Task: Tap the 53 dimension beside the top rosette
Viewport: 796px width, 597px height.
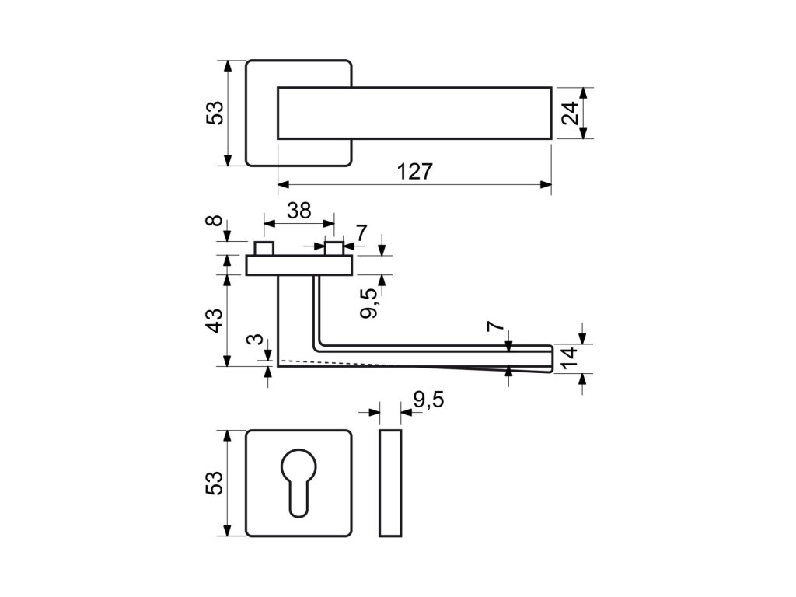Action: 215,113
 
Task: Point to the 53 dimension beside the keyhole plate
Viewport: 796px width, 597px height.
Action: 215,483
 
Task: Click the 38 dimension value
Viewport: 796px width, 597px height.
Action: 299,210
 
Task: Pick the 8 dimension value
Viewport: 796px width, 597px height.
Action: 215,223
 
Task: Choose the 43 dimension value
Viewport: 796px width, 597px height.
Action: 215,319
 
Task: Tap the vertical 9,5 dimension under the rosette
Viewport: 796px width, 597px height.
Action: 370,302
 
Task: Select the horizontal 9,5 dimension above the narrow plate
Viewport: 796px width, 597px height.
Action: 428,400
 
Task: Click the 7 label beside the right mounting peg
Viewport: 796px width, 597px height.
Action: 361,232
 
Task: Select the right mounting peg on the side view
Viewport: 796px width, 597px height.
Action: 334,249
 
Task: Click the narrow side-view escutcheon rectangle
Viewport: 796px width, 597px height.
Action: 391,482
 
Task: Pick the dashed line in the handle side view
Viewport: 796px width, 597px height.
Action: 342,363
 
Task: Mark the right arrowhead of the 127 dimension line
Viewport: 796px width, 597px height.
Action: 546,185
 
